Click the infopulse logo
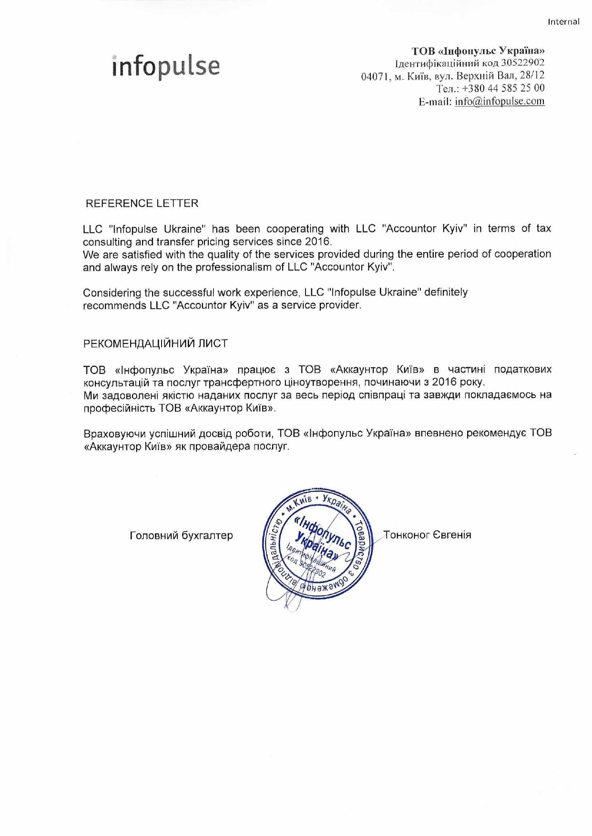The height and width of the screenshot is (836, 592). click(166, 66)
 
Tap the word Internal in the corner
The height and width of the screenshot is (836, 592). click(563, 21)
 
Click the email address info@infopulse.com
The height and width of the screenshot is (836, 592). click(500, 101)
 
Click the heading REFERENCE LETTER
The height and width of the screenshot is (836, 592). click(142, 203)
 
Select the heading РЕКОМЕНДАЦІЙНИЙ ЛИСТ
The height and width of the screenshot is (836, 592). click(155, 343)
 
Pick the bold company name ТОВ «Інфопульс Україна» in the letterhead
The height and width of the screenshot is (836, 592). click(478, 50)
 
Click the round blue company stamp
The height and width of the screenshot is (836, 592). click(318, 544)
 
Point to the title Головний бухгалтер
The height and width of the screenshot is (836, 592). click(181, 535)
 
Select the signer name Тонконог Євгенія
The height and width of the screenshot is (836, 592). click(428, 535)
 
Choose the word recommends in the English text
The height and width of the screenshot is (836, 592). click(114, 305)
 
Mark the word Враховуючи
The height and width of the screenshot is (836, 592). click(114, 433)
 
